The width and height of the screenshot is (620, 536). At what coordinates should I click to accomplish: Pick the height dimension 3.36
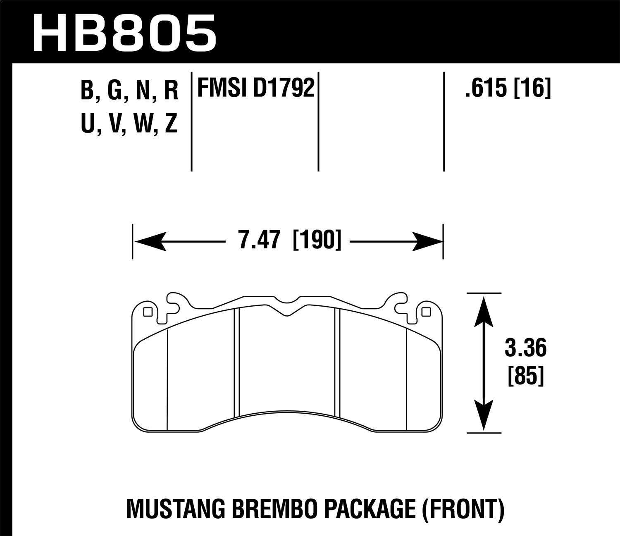pos(525,349)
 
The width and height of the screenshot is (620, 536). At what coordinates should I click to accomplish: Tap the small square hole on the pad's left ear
pos(148,312)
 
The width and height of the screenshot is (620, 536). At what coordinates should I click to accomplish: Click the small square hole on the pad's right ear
pos(426,312)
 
